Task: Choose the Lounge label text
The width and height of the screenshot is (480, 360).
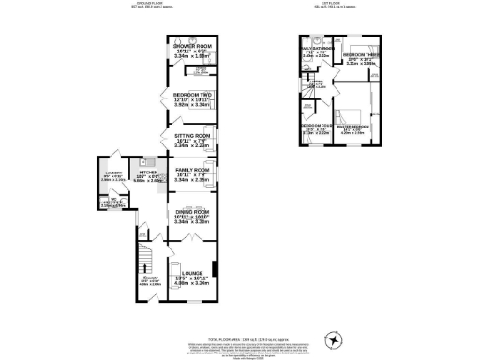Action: pos(190,277)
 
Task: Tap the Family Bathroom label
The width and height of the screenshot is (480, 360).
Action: pos(315,52)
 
